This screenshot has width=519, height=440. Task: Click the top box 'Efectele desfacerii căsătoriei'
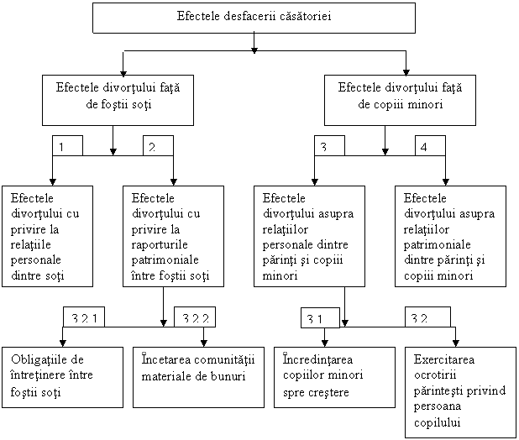(x=254, y=18)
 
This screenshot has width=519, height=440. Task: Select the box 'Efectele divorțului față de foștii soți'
(x=118, y=100)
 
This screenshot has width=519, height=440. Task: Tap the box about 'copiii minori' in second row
(x=400, y=100)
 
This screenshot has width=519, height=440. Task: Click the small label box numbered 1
(x=67, y=145)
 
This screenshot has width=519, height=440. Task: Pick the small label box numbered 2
(x=158, y=145)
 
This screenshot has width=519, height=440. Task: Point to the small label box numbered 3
(x=329, y=145)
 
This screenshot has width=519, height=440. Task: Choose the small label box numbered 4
(x=430, y=145)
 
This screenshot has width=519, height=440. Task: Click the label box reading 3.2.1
(x=84, y=317)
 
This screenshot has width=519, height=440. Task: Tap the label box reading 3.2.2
(x=195, y=317)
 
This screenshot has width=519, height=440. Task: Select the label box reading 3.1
(x=320, y=318)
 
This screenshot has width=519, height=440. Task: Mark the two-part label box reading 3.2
(x=427, y=317)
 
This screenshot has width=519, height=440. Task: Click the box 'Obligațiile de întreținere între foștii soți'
(x=62, y=378)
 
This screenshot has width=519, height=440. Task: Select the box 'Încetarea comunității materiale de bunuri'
(x=198, y=378)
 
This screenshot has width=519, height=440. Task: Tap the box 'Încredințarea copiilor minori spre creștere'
(x=334, y=378)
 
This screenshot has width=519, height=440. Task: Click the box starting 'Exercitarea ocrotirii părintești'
(x=460, y=392)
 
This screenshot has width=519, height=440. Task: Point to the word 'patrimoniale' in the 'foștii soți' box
(x=165, y=260)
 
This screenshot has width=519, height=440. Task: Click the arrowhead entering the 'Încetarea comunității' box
(x=204, y=343)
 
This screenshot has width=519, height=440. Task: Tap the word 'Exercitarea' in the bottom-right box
(x=444, y=359)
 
